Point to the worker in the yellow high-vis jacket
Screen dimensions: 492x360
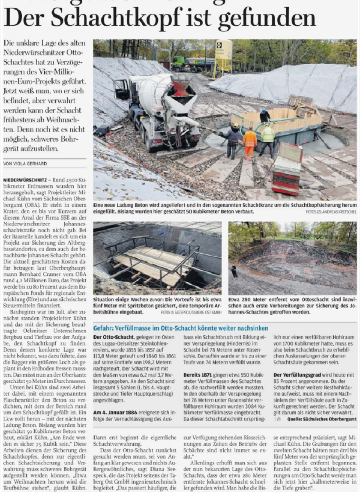coord(268,140)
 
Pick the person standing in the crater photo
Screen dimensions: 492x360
coord(234,271)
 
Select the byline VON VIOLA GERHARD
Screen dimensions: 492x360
coord(31,163)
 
